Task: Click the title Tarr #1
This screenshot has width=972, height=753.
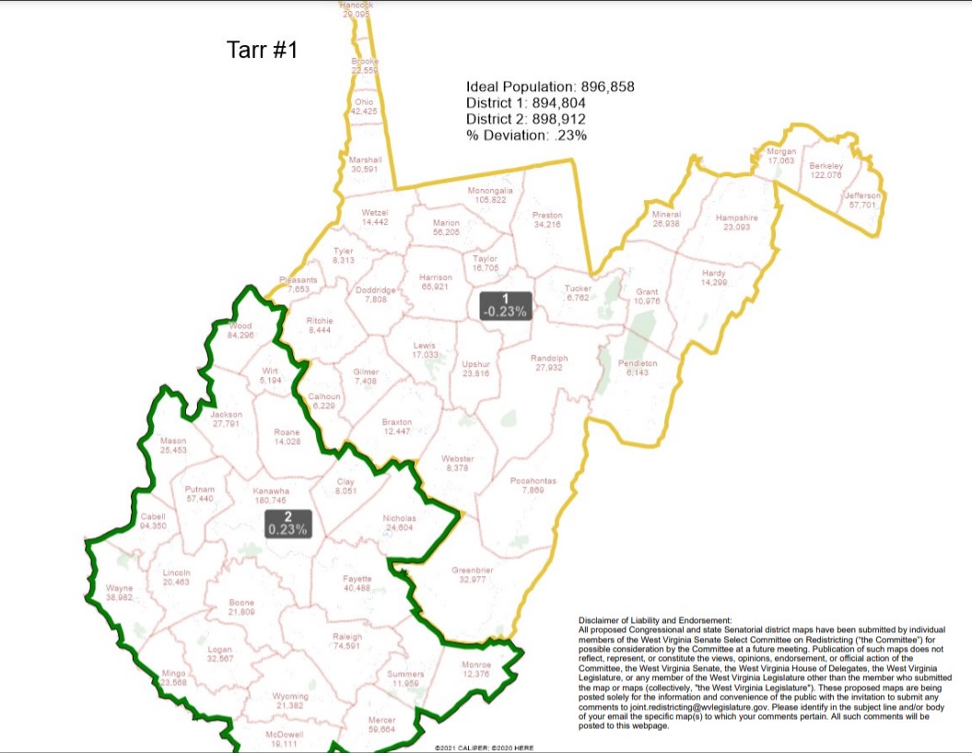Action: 263,50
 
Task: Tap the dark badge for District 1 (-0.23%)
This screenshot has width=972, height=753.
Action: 505,305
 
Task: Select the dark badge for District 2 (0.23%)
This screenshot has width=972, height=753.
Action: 288,524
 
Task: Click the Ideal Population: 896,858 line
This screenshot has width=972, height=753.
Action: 550,88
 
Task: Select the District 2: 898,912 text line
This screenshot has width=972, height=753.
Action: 525,119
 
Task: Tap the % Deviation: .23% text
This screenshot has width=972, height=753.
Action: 526,135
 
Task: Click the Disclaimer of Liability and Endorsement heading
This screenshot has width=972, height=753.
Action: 655,619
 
